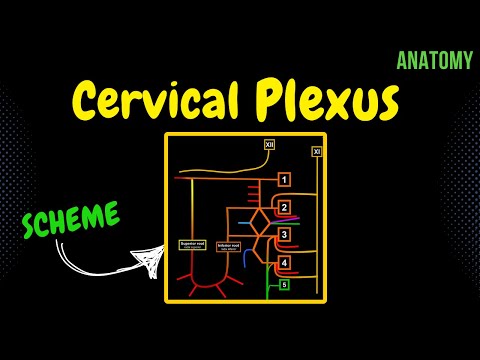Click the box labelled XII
pos(268,145)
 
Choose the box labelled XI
pos(316,152)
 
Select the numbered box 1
pos(284,180)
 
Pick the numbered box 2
pos(284,208)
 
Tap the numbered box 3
pos(284,235)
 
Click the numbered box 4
pos(284,263)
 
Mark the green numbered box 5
pos(284,285)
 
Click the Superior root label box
pos(191,245)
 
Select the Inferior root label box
pos(229,245)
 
